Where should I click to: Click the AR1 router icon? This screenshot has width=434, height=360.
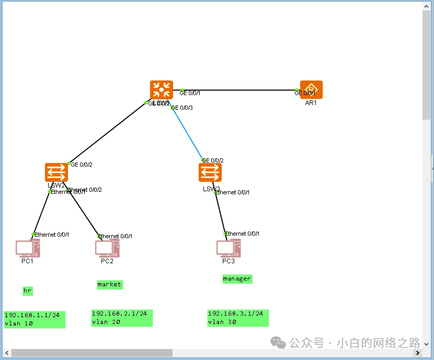pos(311,89)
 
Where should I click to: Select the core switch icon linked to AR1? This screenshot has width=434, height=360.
pos(161,90)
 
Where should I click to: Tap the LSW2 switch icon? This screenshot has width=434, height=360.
pos(56,172)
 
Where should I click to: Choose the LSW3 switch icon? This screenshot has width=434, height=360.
pos(210,172)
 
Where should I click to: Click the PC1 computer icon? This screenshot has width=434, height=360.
pos(27,249)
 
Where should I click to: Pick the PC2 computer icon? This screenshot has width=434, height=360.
pos(107,249)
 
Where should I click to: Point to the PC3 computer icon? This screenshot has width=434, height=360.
pos(229,248)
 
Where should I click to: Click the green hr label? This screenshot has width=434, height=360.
pos(28,291)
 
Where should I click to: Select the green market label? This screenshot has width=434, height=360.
pos(109,284)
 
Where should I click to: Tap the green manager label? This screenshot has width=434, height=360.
pos(237,278)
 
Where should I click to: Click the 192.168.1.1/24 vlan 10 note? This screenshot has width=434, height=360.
pos(35,319)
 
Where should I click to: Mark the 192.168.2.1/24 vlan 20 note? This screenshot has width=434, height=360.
pos(122,318)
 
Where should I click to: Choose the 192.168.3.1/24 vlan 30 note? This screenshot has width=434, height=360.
pos(238,318)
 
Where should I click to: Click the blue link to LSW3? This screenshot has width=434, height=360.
pos(187,134)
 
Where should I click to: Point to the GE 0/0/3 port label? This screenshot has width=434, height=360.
pos(183,108)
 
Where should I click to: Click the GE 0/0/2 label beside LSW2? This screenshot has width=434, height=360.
pos(82,165)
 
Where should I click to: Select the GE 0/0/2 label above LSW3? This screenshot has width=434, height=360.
pos(213,160)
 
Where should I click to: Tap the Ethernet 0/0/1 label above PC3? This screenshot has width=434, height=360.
pos(243,234)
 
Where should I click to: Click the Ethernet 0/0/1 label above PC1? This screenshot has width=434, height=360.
pos(52,235)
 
